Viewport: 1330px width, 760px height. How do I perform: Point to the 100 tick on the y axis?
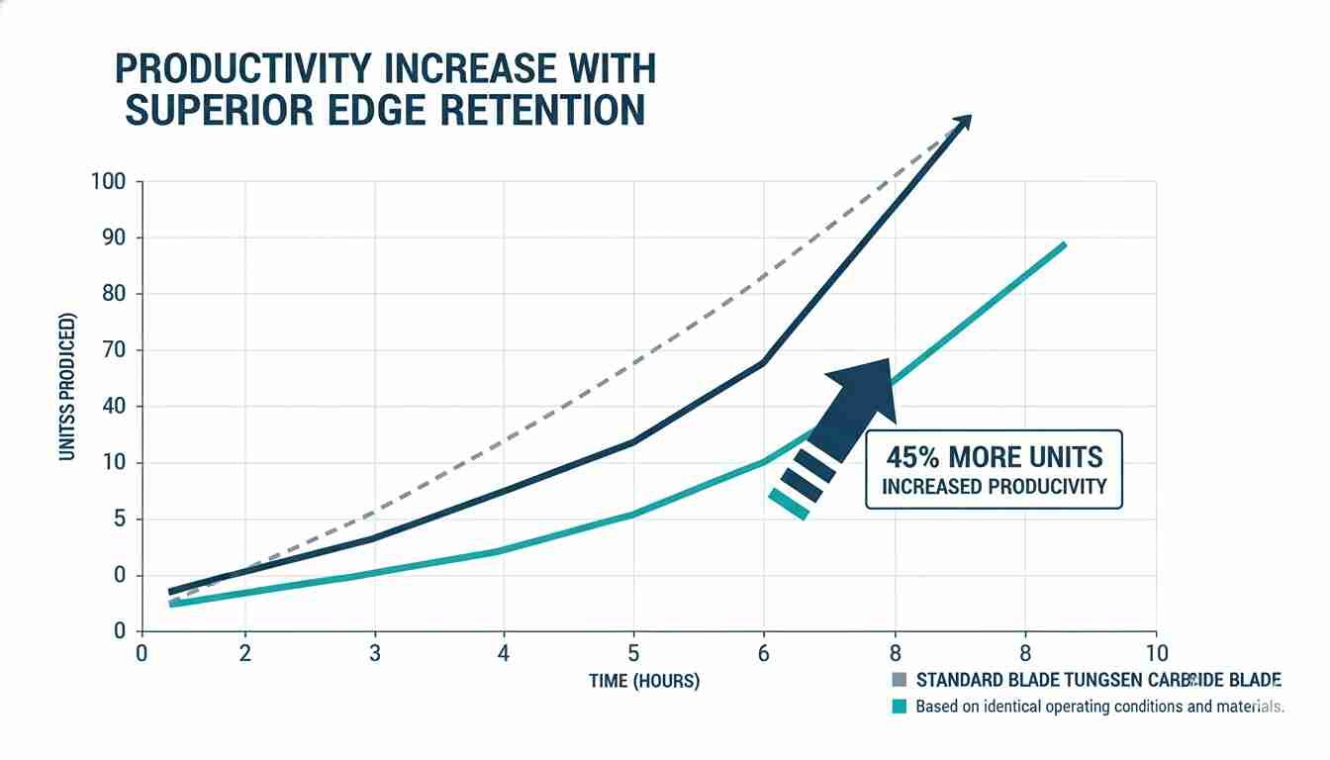pyautogui.click(x=109, y=182)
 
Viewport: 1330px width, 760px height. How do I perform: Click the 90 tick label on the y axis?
pyautogui.click(x=114, y=238)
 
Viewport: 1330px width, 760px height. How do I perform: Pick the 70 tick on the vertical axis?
pyautogui.click(x=114, y=350)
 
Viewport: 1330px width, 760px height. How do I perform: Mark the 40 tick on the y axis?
pyautogui.click(x=114, y=407)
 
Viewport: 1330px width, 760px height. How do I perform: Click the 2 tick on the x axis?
pyautogui.click(x=244, y=653)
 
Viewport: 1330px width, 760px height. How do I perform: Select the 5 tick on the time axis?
pyautogui.click(x=633, y=653)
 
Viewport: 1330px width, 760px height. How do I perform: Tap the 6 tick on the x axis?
pyautogui.click(x=762, y=653)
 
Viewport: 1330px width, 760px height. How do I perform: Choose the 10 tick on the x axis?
pyautogui.click(x=1156, y=653)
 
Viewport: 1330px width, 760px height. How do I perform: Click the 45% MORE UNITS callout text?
pyautogui.click(x=994, y=457)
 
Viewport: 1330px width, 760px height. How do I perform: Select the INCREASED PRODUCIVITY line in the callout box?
pyautogui.click(x=994, y=487)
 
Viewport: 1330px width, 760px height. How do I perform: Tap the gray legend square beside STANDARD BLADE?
pyautogui.click(x=900, y=680)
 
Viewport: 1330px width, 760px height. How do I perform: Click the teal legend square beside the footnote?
pyautogui.click(x=900, y=707)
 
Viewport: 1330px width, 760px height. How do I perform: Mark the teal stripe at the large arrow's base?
pyautogui.click(x=788, y=504)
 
